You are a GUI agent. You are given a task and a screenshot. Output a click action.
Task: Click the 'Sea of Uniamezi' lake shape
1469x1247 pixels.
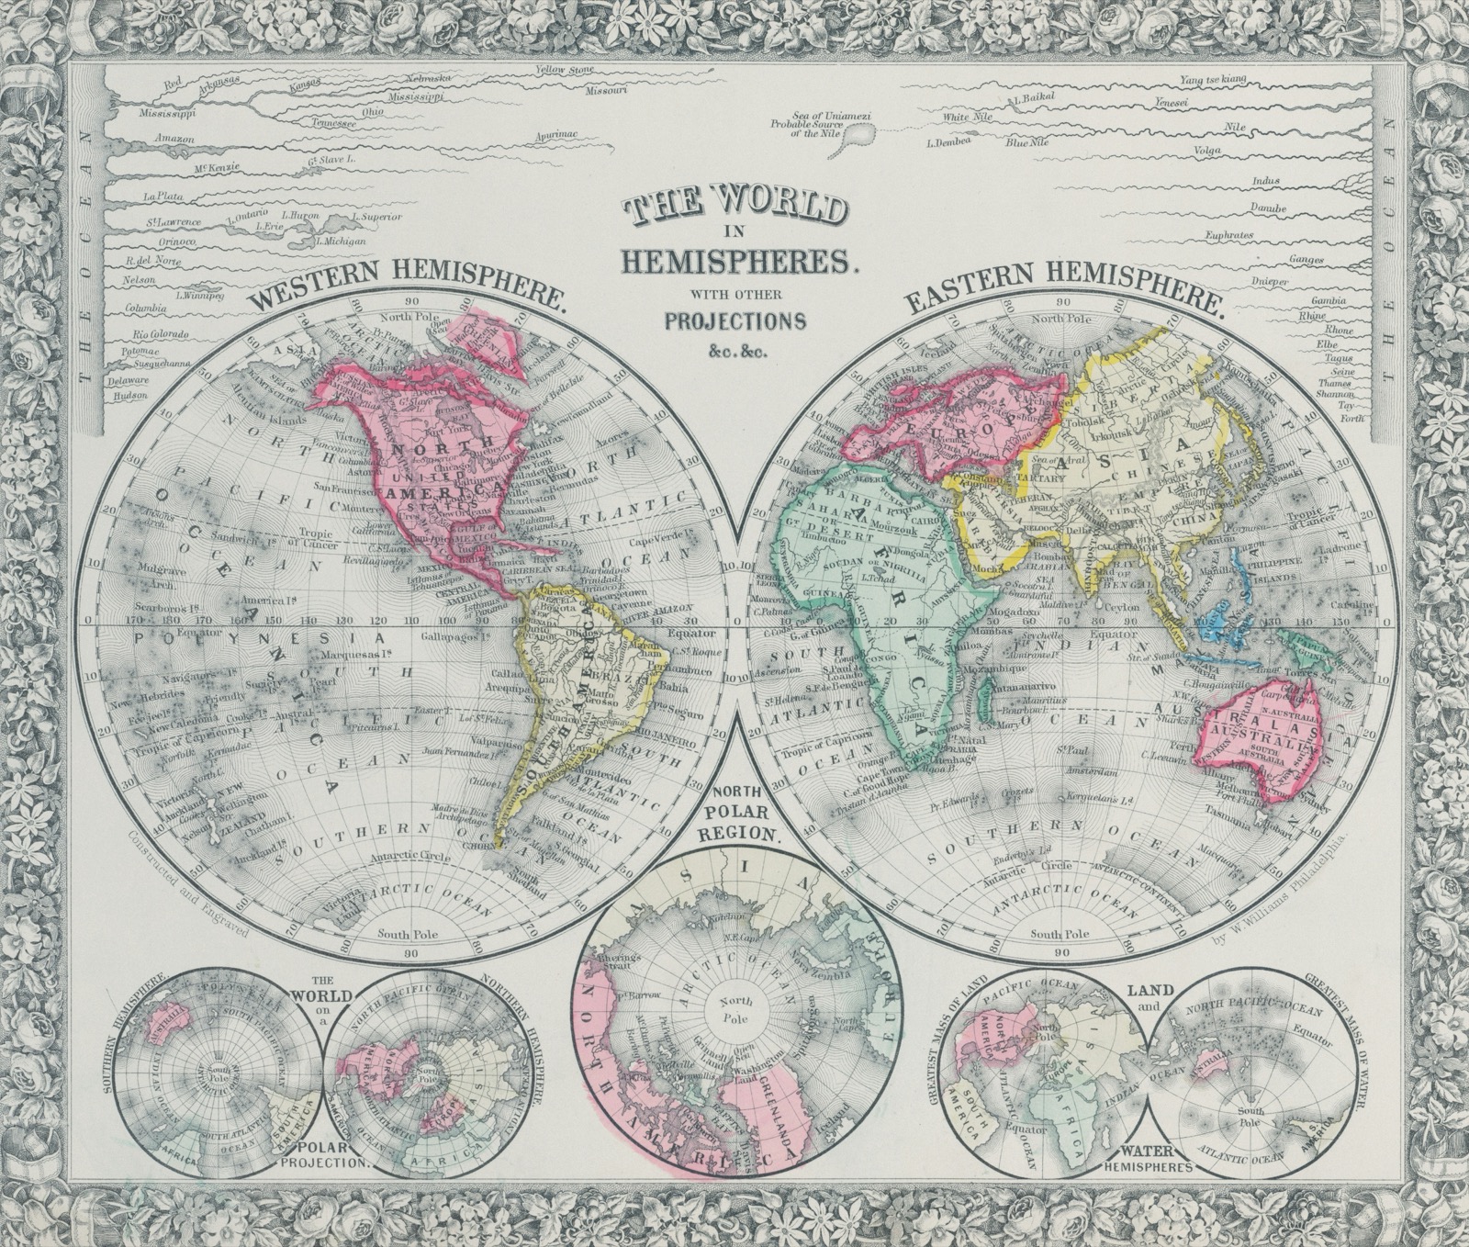pos(858,137)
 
